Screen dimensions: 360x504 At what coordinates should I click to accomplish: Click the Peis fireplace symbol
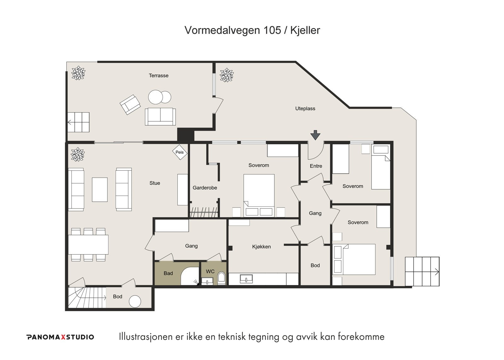180,152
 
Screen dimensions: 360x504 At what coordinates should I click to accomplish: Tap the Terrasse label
158,76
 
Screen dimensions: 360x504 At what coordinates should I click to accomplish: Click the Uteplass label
305,109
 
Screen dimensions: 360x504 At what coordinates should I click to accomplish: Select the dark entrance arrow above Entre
315,135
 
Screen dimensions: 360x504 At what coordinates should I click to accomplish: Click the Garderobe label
205,188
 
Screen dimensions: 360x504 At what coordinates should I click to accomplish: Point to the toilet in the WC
221,278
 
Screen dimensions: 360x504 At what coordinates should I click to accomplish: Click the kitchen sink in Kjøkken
246,279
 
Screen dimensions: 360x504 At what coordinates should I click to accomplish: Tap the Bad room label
168,273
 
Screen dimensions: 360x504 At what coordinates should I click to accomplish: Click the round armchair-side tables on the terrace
159,97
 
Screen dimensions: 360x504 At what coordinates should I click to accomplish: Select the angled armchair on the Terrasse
130,105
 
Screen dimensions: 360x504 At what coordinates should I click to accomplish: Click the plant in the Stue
77,155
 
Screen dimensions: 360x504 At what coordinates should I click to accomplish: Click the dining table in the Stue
89,244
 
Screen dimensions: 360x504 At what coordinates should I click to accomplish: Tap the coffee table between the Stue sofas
100,190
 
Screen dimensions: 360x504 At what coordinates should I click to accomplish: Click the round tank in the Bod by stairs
135,301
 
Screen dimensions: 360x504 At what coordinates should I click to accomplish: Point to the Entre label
316,166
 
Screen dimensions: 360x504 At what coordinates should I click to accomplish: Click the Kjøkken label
261,247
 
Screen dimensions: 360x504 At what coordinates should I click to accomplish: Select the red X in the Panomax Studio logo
63,337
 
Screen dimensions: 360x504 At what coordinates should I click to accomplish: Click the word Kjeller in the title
305,30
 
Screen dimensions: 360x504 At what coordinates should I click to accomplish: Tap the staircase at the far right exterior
422,271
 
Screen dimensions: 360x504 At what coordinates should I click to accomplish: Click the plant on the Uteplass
226,75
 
